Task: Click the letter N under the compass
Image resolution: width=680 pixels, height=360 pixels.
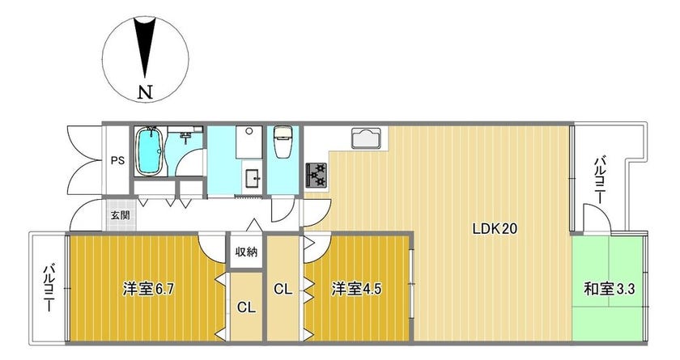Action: click(x=145, y=92)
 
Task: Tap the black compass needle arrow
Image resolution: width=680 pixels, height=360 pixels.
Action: click(x=145, y=48)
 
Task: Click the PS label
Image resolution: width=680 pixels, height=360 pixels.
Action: click(x=117, y=160)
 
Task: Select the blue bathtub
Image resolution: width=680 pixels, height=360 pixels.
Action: click(x=150, y=151)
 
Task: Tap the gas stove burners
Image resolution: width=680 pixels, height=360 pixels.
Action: click(x=317, y=175)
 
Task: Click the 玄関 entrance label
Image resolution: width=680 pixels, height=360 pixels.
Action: click(x=120, y=215)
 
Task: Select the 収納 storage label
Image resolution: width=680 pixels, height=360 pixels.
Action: click(x=246, y=252)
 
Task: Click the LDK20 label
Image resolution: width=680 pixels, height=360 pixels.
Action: click(x=495, y=229)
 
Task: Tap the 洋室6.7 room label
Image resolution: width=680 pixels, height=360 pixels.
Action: click(x=148, y=289)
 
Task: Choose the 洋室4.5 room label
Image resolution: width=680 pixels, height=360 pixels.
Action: click(x=356, y=289)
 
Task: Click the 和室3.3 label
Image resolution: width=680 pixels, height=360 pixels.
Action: click(x=610, y=289)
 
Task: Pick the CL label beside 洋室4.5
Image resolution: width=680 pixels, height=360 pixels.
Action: click(x=283, y=289)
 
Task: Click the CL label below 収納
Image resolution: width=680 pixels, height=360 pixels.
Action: click(x=246, y=307)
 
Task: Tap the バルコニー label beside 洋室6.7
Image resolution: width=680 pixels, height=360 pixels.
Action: click(x=49, y=288)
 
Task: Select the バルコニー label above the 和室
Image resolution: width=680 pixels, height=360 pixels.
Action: click(x=599, y=180)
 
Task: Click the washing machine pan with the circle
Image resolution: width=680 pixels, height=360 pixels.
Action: click(x=249, y=142)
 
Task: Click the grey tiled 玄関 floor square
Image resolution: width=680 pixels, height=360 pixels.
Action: click(x=120, y=215)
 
